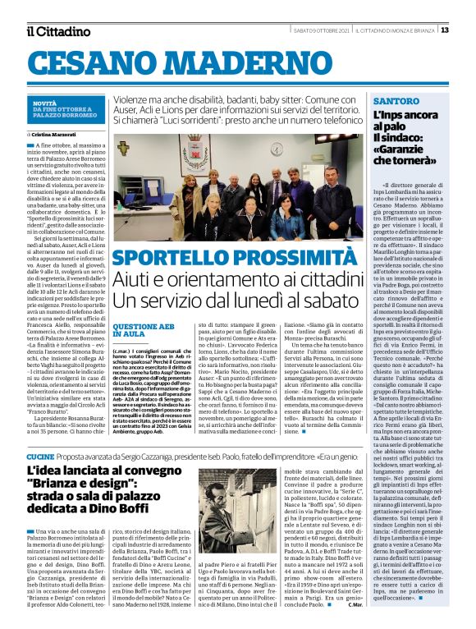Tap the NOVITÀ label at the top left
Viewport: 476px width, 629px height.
[45, 103]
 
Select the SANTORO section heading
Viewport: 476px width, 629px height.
[396, 101]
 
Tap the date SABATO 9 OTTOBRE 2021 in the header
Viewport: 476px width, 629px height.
[323, 30]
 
